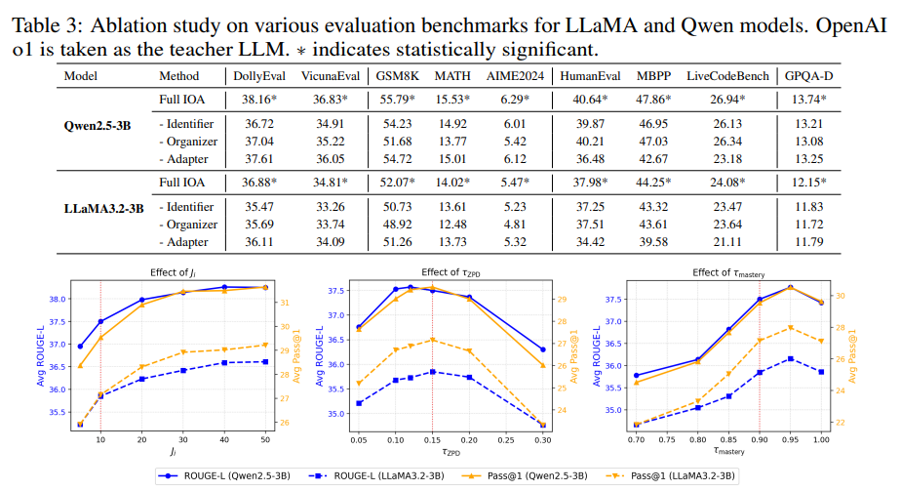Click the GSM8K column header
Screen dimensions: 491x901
tap(396, 75)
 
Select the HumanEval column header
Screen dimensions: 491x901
tap(588, 75)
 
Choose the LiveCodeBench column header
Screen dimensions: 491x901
tap(727, 75)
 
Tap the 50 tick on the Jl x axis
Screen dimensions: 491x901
tap(264, 440)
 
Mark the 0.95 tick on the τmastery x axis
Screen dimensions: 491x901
tap(790, 440)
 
